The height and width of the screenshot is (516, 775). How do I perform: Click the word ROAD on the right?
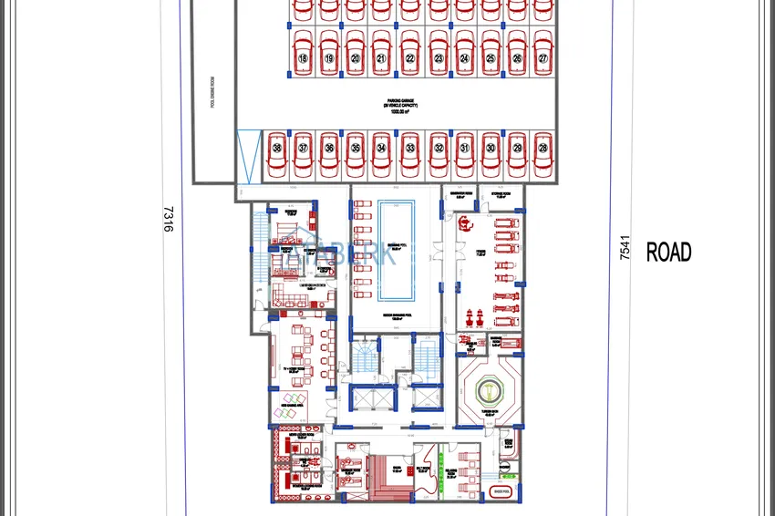click(x=668, y=253)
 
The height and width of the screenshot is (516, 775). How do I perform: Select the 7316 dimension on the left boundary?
click(x=168, y=219)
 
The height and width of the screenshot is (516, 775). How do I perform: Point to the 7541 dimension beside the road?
click(x=625, y=248)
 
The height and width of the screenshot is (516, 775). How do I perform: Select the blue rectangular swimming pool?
click(x=396, y=249)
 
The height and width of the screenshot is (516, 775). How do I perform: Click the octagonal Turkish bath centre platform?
click(x=491, y=389)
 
